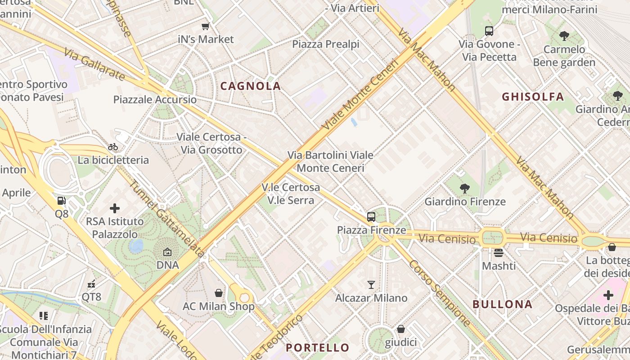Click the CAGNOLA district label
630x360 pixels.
251,86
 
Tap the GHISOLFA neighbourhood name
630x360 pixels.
533,96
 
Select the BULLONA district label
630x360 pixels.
502,304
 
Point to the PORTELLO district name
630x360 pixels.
318,347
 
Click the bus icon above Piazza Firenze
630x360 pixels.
371,216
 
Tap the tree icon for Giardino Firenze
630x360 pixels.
465,189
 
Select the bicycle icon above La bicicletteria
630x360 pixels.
113,147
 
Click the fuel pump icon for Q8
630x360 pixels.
61,201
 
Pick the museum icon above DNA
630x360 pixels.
167,252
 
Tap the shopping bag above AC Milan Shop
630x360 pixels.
219,293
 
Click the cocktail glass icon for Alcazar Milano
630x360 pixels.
371,284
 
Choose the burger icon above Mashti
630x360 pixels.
498,252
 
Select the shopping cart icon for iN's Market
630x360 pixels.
206,26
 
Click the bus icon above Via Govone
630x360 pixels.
489,31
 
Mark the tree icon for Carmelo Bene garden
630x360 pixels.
564,36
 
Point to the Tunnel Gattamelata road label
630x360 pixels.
166,219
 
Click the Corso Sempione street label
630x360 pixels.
440,293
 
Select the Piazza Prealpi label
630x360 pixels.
326,44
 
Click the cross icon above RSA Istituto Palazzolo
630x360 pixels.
115,208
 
